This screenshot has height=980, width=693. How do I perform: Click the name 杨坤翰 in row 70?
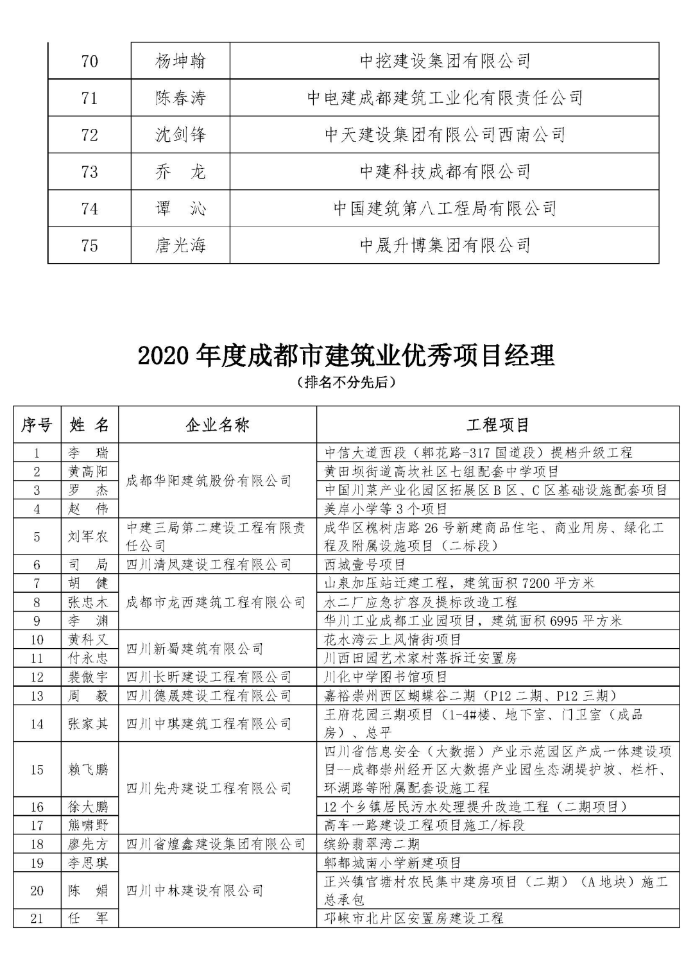180,61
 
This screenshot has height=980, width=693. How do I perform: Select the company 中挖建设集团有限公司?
445,61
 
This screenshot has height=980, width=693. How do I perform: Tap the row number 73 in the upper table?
90,171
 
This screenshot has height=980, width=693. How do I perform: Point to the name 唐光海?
180,245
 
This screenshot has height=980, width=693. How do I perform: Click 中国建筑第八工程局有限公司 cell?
445,208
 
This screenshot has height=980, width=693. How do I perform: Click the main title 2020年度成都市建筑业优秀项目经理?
346,355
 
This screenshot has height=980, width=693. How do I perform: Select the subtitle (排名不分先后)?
346,383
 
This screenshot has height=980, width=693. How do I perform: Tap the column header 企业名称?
218,424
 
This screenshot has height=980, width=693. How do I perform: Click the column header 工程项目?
498,424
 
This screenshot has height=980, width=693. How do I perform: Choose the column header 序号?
37,424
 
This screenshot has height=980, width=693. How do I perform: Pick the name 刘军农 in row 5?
89,537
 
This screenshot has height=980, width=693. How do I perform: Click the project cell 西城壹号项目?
365,565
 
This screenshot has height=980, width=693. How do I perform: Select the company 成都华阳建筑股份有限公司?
209,481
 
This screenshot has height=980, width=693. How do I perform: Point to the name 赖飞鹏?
89,769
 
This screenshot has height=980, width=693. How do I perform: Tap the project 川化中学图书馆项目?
386,677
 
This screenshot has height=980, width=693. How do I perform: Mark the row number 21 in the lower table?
37,918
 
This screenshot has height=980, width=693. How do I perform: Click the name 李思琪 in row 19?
89,863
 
